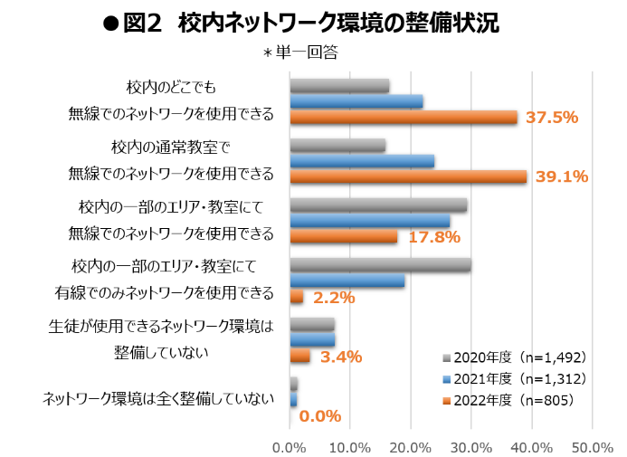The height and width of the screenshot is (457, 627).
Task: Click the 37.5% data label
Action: click(553, 118)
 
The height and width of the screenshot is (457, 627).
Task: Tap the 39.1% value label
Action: click(562, 177)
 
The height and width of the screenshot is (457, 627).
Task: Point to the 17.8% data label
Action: click(435, 237)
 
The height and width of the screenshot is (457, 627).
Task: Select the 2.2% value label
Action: click(334, 297)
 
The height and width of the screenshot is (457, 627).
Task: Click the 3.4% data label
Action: click(341, 357)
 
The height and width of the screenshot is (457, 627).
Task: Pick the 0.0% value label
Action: click(319, 416)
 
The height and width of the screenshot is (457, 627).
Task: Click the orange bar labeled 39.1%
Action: click(407, 177)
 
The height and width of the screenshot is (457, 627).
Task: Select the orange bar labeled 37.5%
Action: click(403, 118)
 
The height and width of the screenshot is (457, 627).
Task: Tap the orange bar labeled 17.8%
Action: click(343, 237)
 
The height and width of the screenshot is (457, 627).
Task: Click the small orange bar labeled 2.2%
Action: click(296, 297)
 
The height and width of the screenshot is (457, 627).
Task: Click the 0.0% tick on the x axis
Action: click(290, 447)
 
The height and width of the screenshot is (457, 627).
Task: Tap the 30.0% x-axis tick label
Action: click(470, 447)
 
